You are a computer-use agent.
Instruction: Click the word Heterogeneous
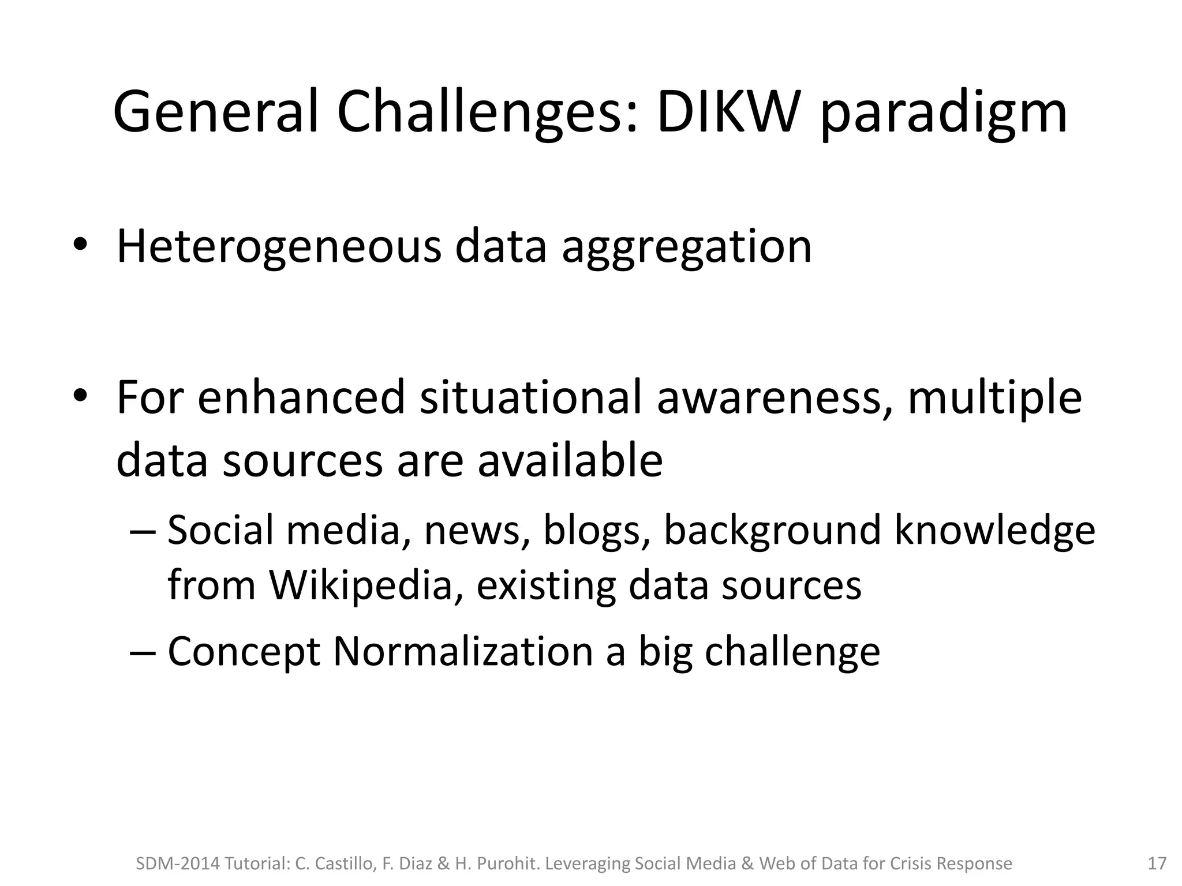278,247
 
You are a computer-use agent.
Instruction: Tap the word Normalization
463,652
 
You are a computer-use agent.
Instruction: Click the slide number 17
1157,863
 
